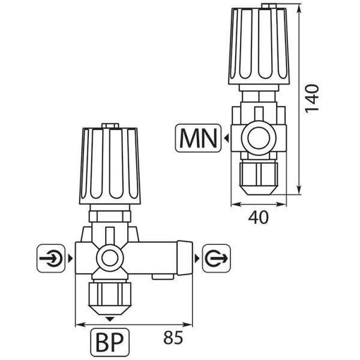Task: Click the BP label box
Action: [x=109, y=342]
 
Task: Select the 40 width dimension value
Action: [x=258, y=217]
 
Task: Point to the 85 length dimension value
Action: [x=173, y=339]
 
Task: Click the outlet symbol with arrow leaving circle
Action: [x=214, y=259]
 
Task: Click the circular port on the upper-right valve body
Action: [x=257, y=139]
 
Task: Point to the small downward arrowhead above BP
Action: [x=109, y=318]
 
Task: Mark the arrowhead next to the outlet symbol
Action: [x=196, y=259]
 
